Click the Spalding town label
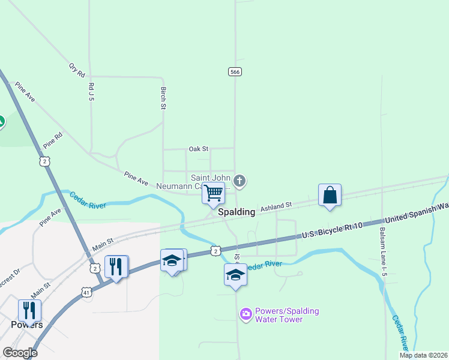click(237, 212)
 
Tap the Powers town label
click(27, 325)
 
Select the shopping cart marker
click(213, 194)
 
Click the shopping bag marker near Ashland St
click(330, 195)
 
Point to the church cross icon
click(240, 181)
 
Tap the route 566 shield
click(235, 71)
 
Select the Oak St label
click(198, 148)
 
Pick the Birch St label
click(163, 98)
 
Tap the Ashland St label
click(276, 206)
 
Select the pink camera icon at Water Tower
click(246, 314)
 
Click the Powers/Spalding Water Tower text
click(287, 315)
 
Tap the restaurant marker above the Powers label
click(29, 310)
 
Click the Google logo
click(20, 353)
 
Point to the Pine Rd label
click(53, 142)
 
